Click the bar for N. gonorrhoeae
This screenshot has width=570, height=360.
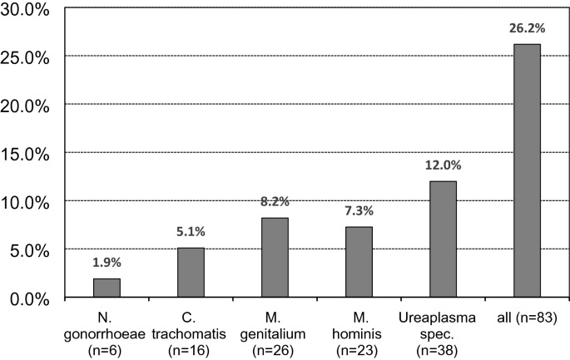coord(107,288)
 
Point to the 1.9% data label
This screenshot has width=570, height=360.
coord(107,263)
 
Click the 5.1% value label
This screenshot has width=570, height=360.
coord(191,232)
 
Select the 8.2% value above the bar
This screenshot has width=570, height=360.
coord(275,202)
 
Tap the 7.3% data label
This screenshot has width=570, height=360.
coord(359,211)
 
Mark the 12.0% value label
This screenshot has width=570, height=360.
coord(443,165)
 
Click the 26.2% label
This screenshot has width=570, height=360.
coord(527,28)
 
